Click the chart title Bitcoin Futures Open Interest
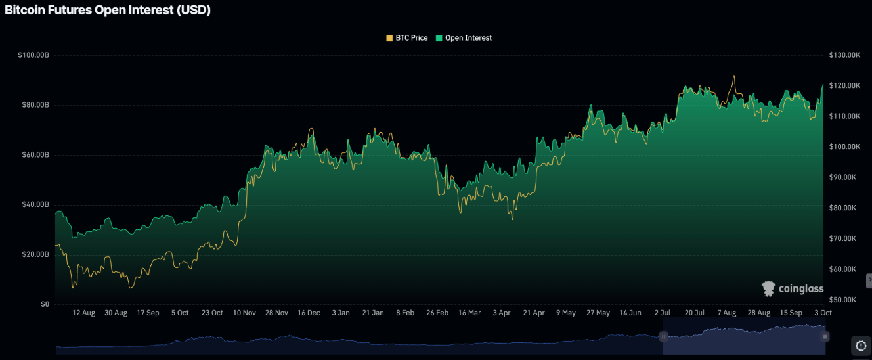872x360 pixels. tap(108, 11)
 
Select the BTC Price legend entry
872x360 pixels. tap(407, 38)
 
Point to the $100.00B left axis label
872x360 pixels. tap(33, 55)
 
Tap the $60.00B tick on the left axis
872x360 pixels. tap(35, 155)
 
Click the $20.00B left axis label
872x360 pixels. tap(35, 254)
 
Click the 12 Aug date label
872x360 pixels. tap(83, 313)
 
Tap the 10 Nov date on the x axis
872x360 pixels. tap(244, 313)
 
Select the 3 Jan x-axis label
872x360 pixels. tap(341, 313)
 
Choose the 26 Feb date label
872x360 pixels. tap(437, 313)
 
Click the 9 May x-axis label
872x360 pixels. tap(565, 313)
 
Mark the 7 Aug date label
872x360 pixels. tap(726, 313)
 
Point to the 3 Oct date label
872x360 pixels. tap(823, 313)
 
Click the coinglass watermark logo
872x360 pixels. tap(793, 288)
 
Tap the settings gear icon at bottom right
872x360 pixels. tap(861, 345)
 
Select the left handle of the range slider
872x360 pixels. tap(663, 336)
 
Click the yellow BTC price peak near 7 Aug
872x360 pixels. tap(733, 76)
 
